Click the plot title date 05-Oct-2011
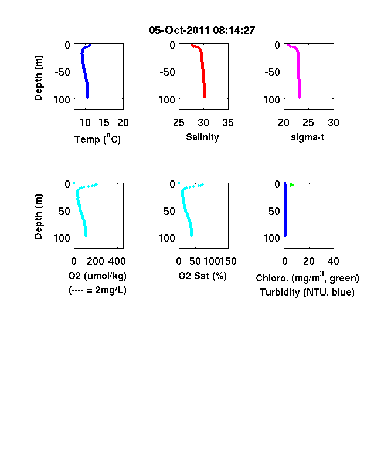click(179, 31)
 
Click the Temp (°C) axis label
click(97, 139)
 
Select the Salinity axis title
click(202, 137)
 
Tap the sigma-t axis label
click(307, 137)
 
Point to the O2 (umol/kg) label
click(97, 276)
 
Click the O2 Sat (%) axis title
click(203, 276)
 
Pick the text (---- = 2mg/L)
click(97, 290)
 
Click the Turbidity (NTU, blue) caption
click(307, 293)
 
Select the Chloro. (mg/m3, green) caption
click(307, 277)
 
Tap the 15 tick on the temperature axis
click(104, 123)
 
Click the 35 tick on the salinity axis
click(228, 123)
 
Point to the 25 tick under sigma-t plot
click(308, 123)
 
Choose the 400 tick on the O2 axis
click(117, 261)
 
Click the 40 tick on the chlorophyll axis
click(333, 261)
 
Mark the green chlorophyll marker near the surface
click(291, 185)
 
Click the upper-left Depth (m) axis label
click(38, 78)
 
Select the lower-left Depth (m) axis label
click(38, 217)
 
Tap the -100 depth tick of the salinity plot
click(164, 99)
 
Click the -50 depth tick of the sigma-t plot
click(272, 72)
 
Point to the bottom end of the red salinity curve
click(205, 97)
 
